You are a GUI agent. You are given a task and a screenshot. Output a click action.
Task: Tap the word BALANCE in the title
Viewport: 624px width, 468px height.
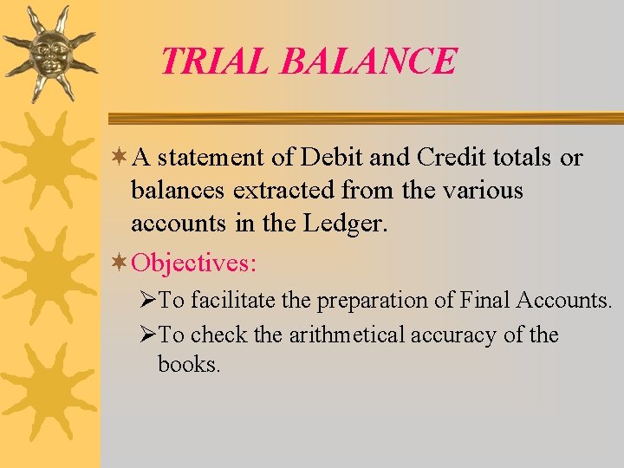tap(369, 61)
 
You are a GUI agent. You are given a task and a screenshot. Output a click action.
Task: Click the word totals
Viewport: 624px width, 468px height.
tap(522, 158)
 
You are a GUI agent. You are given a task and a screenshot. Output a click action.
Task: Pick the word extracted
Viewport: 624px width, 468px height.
tap(284, 190)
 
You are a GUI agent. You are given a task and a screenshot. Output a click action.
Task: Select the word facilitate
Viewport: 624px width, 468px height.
tap(228, 301)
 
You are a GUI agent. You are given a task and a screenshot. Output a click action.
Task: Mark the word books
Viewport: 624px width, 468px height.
tap(189, 364)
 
